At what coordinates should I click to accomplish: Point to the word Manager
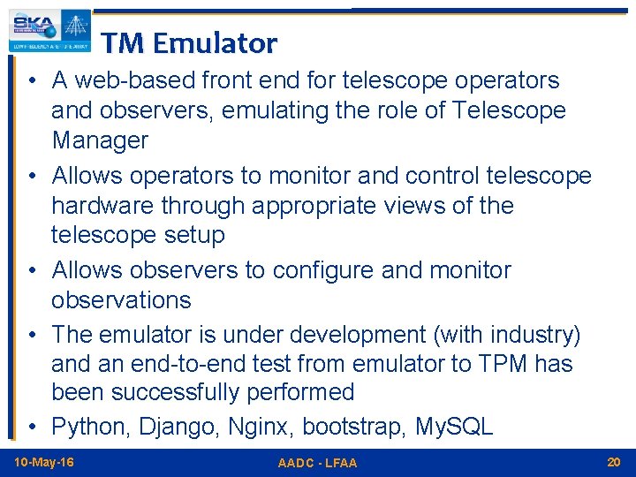point(100,140)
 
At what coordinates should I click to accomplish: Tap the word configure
point(328,269)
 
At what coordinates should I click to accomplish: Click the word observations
point(121,299)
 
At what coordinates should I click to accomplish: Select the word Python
point(91,427)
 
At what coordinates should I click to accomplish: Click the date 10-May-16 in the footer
point(44,463)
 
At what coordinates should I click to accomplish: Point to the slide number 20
point(614,463)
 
